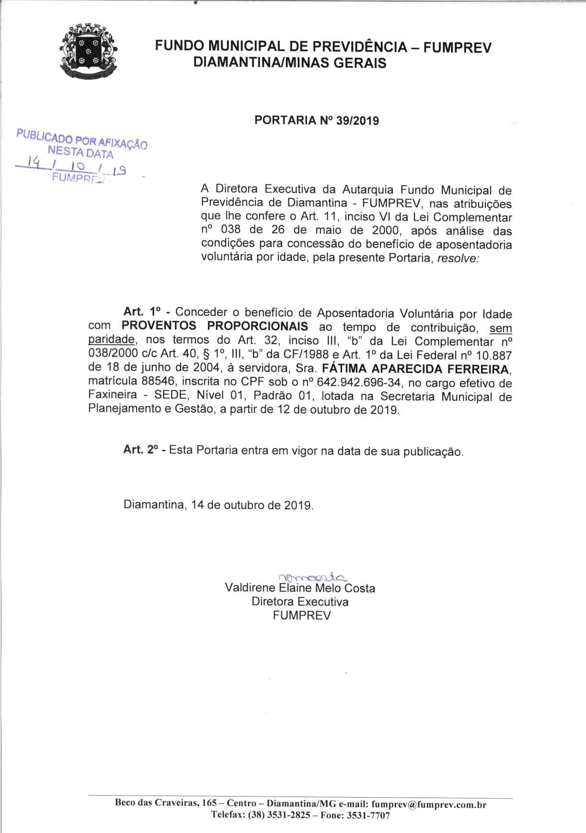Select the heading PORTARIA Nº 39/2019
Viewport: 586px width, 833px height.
point(317,120)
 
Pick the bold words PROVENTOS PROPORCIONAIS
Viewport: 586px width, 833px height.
point(215,326)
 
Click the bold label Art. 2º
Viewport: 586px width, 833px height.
point(141,450)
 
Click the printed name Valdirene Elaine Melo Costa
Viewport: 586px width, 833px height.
point(300,588)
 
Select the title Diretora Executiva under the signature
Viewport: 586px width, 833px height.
point(300,602)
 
